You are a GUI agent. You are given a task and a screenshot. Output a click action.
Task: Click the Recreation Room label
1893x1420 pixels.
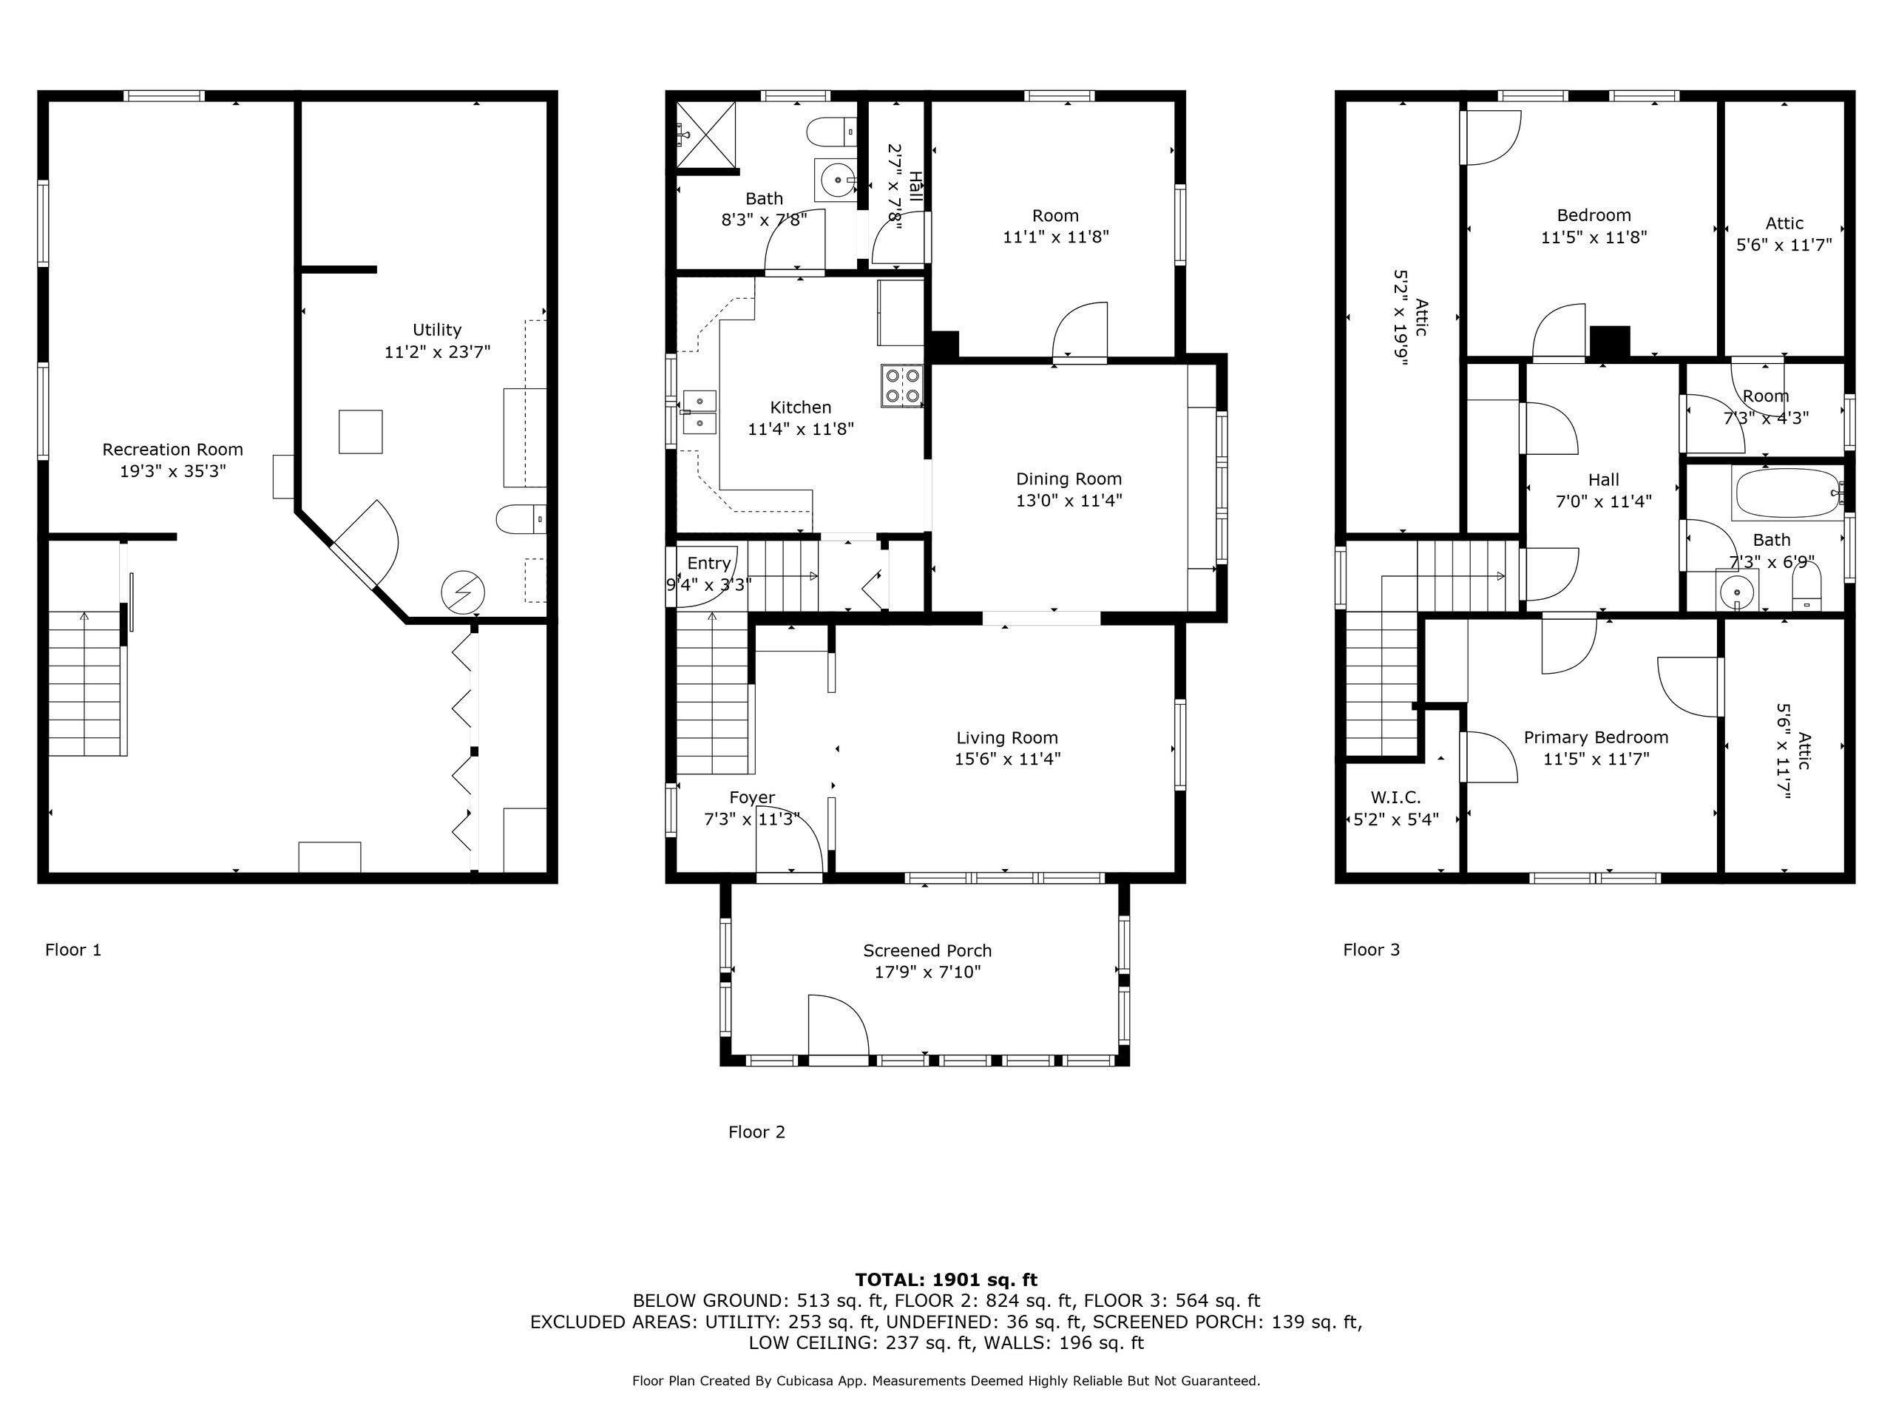click(x=172, y=450)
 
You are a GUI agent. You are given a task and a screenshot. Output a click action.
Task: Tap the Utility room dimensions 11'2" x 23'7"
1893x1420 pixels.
click(x=436, y=351)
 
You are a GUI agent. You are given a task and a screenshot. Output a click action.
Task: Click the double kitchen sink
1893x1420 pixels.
click(x=700, y=412)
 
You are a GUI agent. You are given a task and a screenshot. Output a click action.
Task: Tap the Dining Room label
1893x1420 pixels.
click(x=1068, y=479)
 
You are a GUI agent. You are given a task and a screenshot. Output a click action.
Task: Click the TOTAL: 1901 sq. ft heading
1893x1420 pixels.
click(x=946, y=1279)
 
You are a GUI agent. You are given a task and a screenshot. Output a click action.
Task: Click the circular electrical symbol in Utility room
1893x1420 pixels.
click(x=463, y=592)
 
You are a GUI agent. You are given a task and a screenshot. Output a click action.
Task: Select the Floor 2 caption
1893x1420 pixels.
click(x=756, y=1132)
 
